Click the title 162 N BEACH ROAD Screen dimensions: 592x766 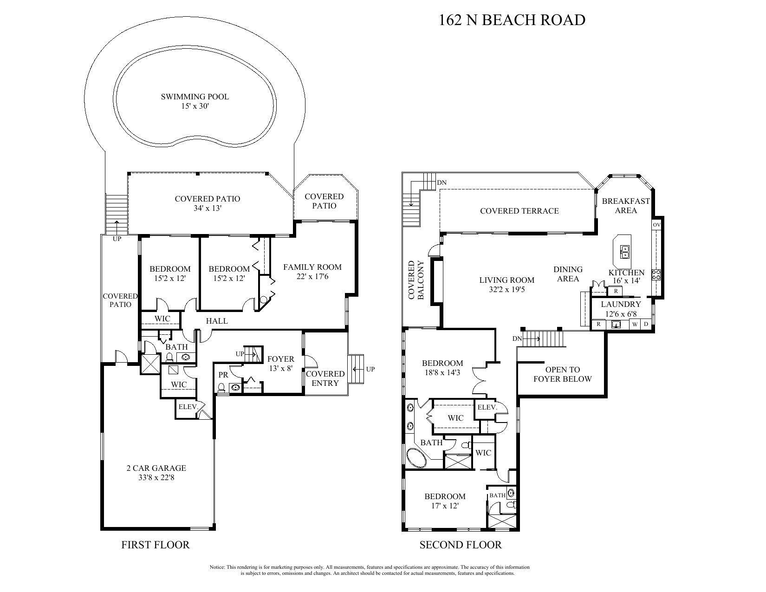click(x=512, y=20)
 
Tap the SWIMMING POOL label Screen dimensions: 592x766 click(x=195, y=97)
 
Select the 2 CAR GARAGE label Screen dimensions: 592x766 click(x=156, y=468)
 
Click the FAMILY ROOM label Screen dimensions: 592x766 click(x=312, y=267)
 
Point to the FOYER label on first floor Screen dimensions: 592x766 click(x=280, y=359)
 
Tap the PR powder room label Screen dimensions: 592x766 click(x=223, y=375)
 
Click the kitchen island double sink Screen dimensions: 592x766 click(x=625, y=252)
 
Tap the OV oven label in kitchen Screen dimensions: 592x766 click(x=656, y=225)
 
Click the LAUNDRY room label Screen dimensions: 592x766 click(x=621, y=304)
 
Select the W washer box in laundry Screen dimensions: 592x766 click(x=635, y=324)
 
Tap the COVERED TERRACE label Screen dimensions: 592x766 click(x=519, y=211)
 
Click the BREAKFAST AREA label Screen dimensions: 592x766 click(x=626, y=206)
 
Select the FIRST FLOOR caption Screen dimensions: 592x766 click(x=156, y=545)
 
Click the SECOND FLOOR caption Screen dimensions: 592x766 click(x=460, y=545)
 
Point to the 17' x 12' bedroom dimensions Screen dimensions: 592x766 click(x=445, y=506)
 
